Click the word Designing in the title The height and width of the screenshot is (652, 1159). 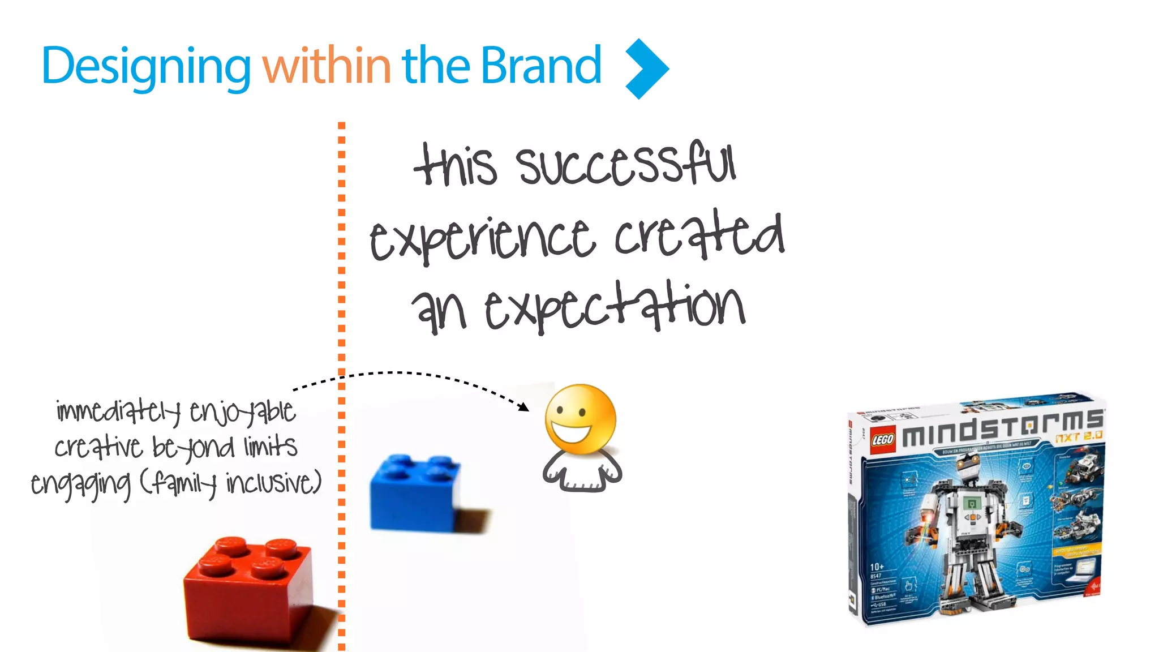[146, 67]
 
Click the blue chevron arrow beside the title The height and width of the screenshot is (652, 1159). [647, 69]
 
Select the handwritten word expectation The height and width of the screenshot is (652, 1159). [615, 308]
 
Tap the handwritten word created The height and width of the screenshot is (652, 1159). [699, 235]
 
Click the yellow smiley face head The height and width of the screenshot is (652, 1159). [580, 419]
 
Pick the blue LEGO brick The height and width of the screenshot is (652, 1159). [416, 492]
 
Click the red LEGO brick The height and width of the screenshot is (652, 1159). [249, 589]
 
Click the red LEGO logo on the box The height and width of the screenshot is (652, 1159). [882, 439]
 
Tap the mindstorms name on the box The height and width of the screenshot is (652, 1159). [1002, 428]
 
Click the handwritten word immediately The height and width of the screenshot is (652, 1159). [119, 411]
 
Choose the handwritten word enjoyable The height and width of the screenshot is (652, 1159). [242, 412]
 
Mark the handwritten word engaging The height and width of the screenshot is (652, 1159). [80, 484]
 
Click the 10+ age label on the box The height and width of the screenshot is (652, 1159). [877, 567]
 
